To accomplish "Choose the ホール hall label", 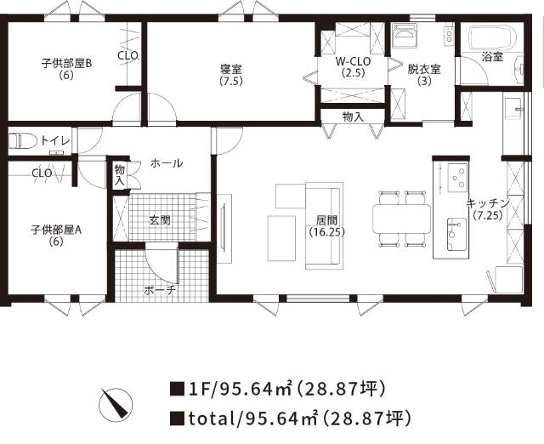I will [x=167, y=162].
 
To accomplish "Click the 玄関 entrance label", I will [x=160, y=219].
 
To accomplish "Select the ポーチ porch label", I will [x=160, y=290].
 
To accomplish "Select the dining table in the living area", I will [x=401, y=219].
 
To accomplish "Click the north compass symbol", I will [x=115, y=402].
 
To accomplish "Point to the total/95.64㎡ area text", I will [x=291, y=418].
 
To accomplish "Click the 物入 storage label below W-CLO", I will [x=353, y=116].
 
